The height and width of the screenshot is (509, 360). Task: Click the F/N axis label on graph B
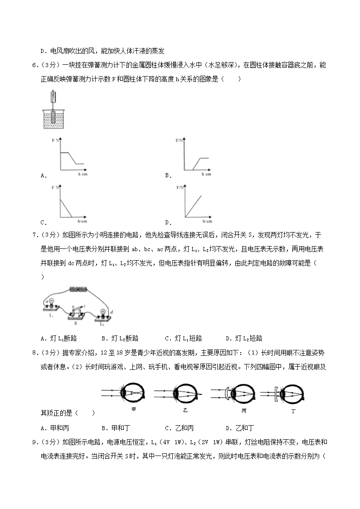[x=179, y=141]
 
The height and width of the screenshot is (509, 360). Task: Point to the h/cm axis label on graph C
[x=82, y=221]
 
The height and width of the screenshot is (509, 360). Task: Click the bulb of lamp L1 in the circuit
[x=52, y=302]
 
